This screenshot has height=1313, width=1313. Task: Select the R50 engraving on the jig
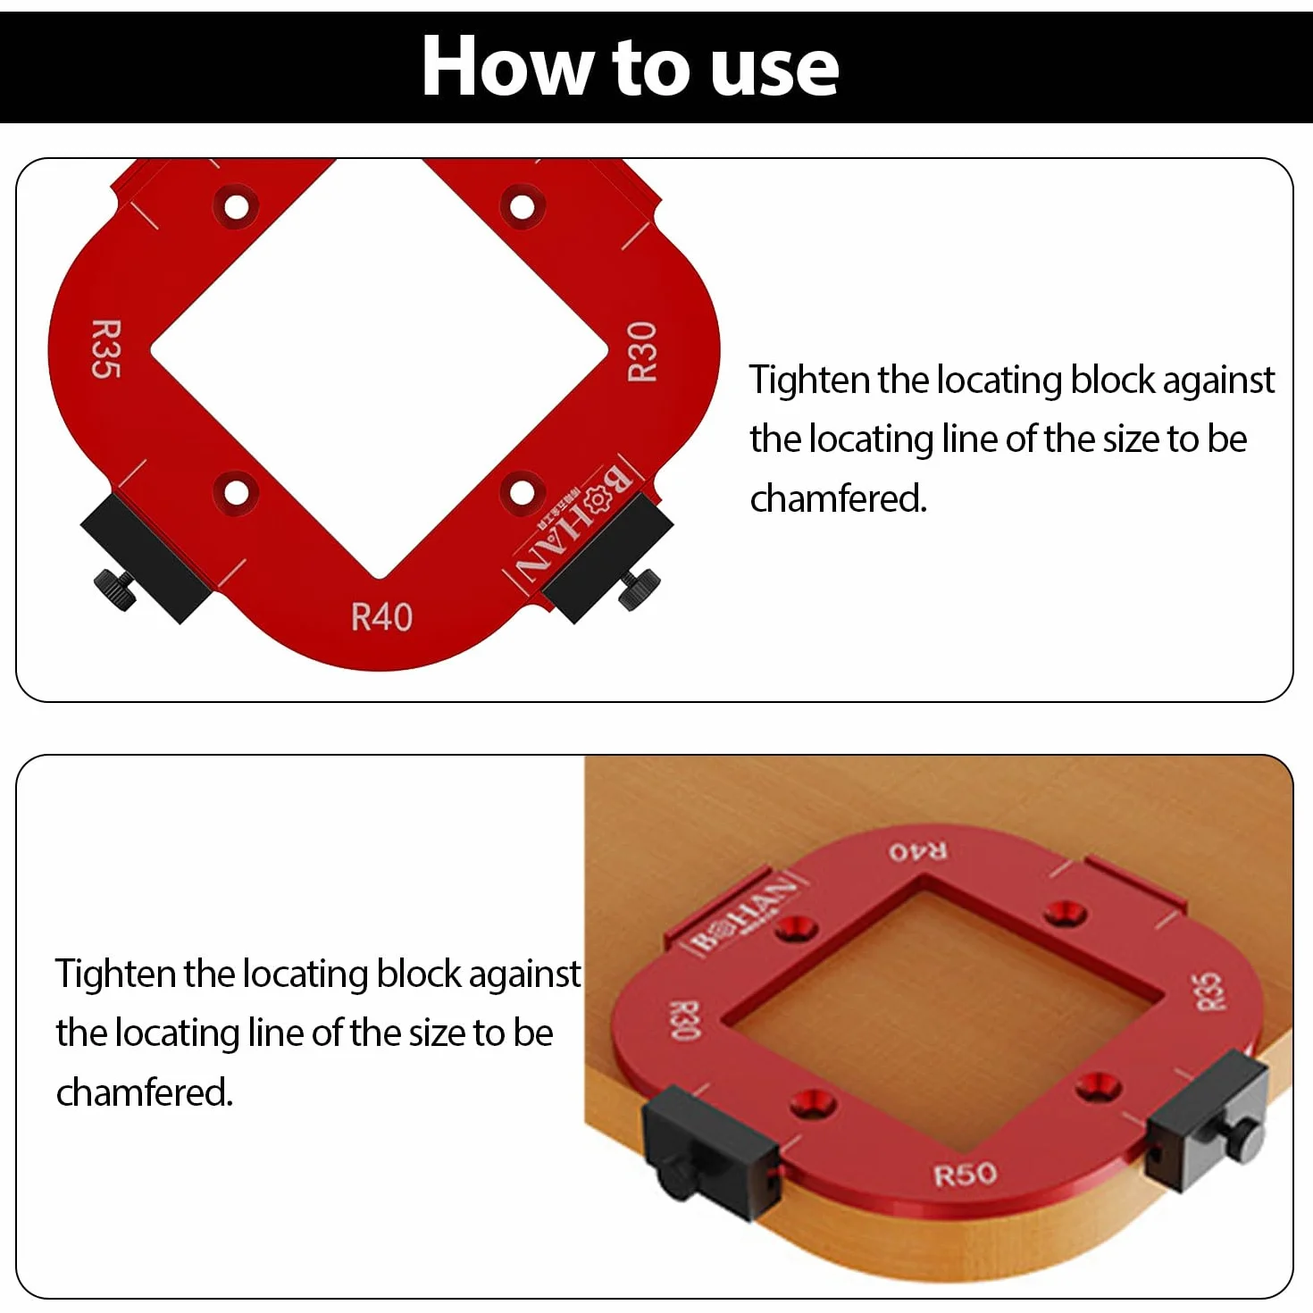pyautogui.click(x=965, y=1175)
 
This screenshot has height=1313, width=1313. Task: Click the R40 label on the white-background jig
pyautogui.click(x=381, y=616)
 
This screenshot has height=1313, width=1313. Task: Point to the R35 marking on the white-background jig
pyautogui.click(x=106, y=348)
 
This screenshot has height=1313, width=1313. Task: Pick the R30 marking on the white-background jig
pyautogui.click(x=642, y=352)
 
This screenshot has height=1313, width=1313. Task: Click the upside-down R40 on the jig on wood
pyautogui.click(x=918, y=851)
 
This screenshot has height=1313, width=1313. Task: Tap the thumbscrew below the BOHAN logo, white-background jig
pyautogui.click(x=639, y=588)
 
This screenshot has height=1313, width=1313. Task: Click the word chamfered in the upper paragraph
pyautogui.click(x=838, y=498)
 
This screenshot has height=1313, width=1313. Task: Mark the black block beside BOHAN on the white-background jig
pyautogui.click(x=608, y=559)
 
